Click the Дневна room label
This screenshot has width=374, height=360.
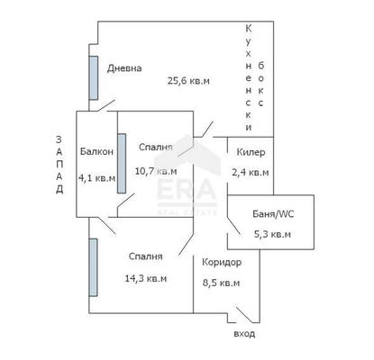(x=124, y=68)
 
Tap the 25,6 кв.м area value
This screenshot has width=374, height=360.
(x=188, y=81)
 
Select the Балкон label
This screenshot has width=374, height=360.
(x=96, y=151)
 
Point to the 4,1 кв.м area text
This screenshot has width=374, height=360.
(x=96, y=178)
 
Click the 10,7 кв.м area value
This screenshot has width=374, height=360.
(x=156, y=171)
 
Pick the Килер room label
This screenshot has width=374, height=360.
(x=251, y=152)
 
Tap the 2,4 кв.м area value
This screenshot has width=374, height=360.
(x=251, y=173)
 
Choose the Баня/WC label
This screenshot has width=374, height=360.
(x=273, y=214)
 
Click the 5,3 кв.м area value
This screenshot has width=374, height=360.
(x=272, y=234)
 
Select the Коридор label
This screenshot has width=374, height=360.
(x=222, y=263)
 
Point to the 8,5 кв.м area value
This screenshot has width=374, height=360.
(x=222, y=283)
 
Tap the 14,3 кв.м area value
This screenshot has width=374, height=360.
(x=146, y=279)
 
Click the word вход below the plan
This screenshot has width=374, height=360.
(x=244, y=334)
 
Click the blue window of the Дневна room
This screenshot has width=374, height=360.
(x=94, y=78)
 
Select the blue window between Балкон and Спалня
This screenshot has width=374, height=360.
(x=122, y=164)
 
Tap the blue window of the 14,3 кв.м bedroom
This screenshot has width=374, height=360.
(x=93, y=267)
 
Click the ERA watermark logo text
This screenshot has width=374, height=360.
(x=187, y=190)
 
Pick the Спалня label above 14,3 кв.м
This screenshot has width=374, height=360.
(x=146, y=256)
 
